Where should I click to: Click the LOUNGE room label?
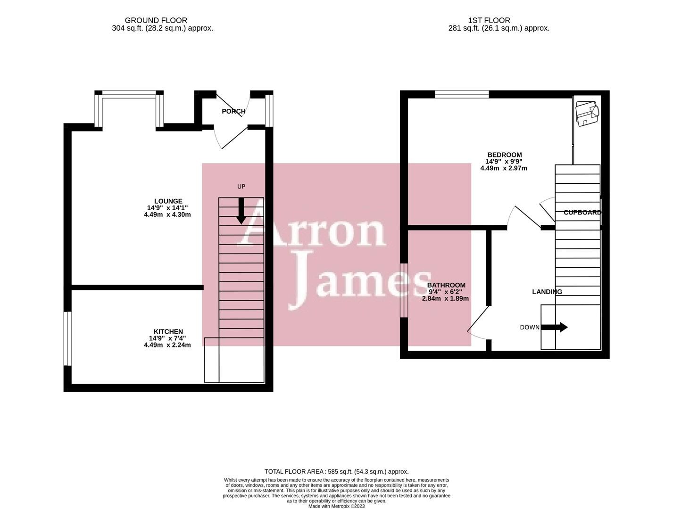click(x=168, y=201)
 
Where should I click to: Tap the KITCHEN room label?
click(x=168, y=331)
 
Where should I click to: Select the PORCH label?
click(x=233, y=111)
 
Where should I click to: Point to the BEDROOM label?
click(x=505, y=155)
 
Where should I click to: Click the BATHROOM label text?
click(x=446, y=285)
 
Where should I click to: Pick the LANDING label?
click(x=547, y=292)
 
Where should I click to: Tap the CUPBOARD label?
click(x=582, y=212)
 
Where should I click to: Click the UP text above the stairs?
click(x=241, y=187)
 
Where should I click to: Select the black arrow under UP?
click(x=241, y=211)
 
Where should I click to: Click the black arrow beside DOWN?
click(x=554, y=327)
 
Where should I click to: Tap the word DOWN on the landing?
click(x=530, y=328)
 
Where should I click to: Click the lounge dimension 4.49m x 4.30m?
click(x=167, y=214)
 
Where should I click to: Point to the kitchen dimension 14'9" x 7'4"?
click(x=167, y=338)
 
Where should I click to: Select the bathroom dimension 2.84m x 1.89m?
click(x=445, y=298)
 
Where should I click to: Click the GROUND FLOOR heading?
click(x=156, y=21)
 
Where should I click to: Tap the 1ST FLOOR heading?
click(x=489, y=21)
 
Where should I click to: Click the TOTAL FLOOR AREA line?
click(x=336, y=472)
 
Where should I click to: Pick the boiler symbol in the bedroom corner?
click(x=587, y=114)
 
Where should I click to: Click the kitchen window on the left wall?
click(x=67, y=338)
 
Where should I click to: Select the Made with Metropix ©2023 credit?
click(x=336, y=506)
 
